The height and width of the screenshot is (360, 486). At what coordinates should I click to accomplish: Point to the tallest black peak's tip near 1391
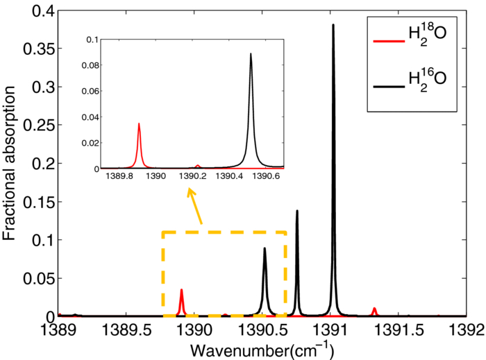pos(333,25)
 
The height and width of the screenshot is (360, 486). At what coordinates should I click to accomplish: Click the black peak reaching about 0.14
pos(297,211)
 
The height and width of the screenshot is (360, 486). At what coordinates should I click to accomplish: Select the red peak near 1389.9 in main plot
pos(181,291)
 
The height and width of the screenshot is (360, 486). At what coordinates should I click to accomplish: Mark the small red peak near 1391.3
pos(374,309)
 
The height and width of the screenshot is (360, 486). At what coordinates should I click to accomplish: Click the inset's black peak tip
pos(251,54)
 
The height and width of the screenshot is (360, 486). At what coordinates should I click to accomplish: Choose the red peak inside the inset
pos(139,125)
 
